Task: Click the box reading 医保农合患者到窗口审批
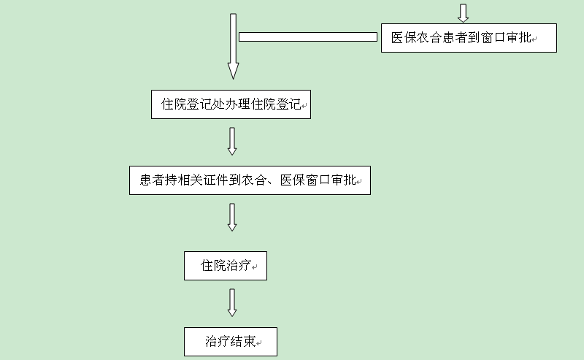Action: point(469,38)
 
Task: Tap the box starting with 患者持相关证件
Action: point(250,180)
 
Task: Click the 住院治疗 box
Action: point(225,266)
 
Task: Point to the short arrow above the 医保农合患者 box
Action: point(463,12)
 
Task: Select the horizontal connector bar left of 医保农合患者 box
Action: point(307,37)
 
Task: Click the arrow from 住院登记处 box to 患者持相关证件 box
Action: point(232,141)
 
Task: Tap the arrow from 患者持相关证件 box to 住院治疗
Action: point(232,217)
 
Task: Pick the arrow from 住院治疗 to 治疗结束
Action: point(232,302)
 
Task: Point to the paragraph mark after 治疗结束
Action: point(259,343)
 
